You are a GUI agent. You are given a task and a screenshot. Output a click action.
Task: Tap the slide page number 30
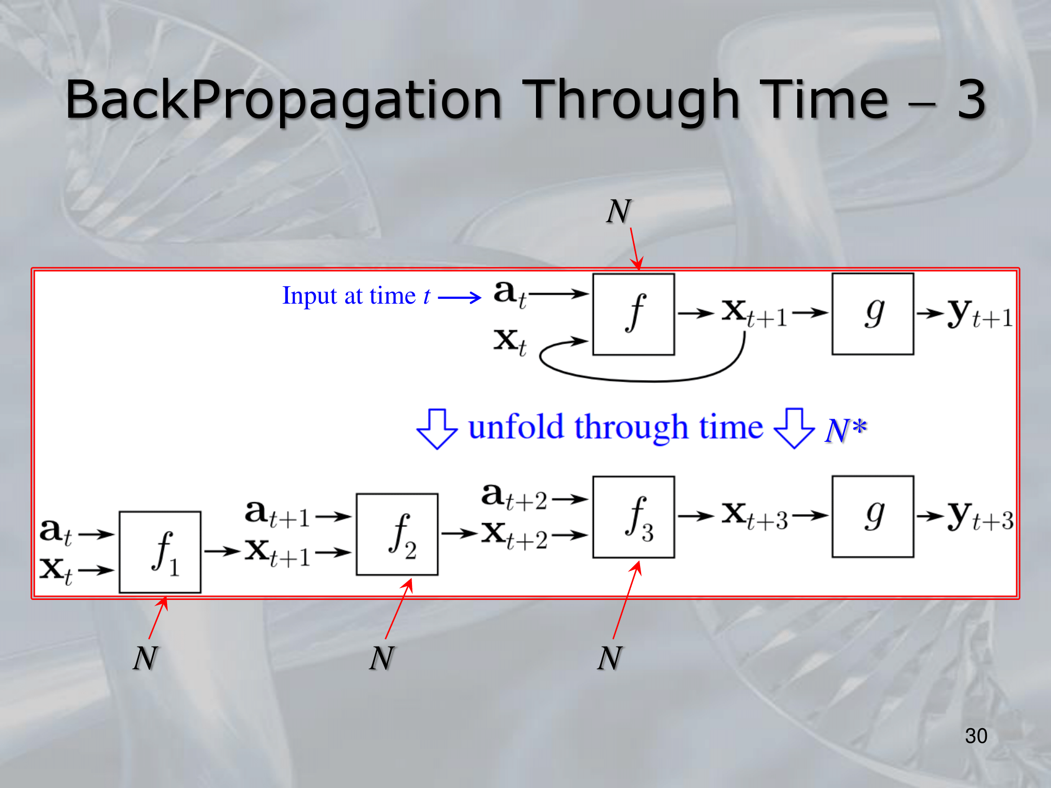(x=976, y=736)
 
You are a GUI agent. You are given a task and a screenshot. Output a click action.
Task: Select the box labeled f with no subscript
(x=634, y=314)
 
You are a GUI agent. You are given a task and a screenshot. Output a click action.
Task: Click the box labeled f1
(x=160, y=552)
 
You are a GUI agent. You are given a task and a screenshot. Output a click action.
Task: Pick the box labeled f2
(x=397, y=534)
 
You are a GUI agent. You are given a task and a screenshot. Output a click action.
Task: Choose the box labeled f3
(x=634, y=517)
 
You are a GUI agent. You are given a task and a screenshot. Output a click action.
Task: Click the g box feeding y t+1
(x=873, y=314)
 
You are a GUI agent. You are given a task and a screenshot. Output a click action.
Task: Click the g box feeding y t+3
(x=873, y=516)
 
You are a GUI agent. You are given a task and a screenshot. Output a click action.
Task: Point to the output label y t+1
(x=981, y=314)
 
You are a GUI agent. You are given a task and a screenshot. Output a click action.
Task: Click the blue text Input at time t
(x=356, y=296)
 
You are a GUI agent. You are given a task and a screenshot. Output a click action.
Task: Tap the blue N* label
(x=846, y=430)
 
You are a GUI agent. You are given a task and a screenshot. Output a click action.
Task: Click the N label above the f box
(x=619, y=212)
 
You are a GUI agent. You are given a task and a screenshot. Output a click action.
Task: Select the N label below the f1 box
(x=146, y=658)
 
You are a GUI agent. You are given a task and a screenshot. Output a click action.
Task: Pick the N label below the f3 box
(x=610, y=658)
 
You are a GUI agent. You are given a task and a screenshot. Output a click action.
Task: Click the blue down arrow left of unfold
(x=437, y=429)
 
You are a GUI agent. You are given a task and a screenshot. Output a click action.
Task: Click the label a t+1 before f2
(x=278, y=514)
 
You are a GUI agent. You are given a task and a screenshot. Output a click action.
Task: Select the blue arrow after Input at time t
(x=459, y=298)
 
